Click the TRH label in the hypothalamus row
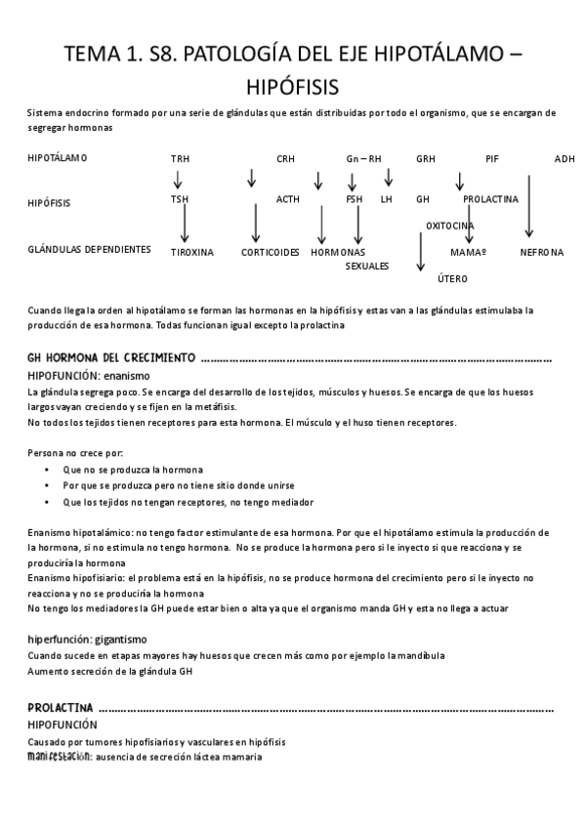pos(180,159)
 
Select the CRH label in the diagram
pos(285,159)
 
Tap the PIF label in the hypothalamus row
pos(491,159)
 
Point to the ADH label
pos(564,159)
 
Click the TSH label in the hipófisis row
pos(180,199)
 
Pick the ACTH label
pos(287,199)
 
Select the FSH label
pos(354,199)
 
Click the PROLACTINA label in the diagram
pos(490,199)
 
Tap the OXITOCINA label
pos(450,226)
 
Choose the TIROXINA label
pos(192,252)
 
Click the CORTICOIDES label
pos(271,252)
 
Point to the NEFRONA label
pos(542,252)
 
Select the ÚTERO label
pos(452,279)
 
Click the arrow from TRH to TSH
pos(178,179)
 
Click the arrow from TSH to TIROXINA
pos(185,224)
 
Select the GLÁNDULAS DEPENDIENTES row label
pos(89,249)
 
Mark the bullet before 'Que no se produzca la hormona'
pos(48,469)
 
